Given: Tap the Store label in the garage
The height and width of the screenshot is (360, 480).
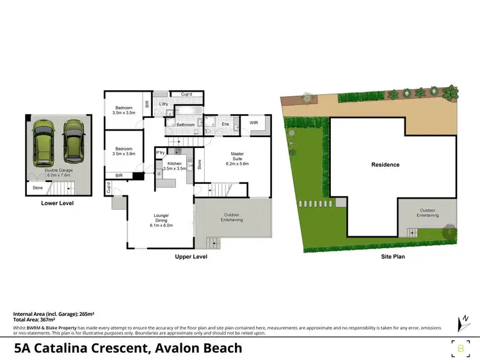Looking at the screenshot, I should [x=38, y=188].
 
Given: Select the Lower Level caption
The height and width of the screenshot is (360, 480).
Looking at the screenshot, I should [x=58, y=203].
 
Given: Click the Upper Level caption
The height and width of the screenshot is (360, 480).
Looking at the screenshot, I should [x=191, y=256].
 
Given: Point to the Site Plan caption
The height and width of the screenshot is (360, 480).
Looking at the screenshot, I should [x=390, y=256].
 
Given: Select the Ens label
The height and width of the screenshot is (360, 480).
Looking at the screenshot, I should [x=225, y=124].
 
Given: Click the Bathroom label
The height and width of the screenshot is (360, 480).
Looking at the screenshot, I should [x=186, y=124].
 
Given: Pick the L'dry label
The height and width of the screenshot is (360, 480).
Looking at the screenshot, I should [x=163, y=104].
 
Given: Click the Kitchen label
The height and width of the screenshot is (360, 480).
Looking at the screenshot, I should [x=175, y=165].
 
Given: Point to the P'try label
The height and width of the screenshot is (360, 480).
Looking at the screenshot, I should [x=160, y=152].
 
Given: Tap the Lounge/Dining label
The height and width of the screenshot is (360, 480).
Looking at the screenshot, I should [x=161, y=220].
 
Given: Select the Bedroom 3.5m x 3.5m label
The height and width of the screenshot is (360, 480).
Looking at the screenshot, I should [x=123, y=110].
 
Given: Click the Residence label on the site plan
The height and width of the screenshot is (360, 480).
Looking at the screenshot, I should [x=385, y=165].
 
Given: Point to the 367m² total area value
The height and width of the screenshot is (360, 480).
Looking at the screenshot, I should [x=45, y=319].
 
